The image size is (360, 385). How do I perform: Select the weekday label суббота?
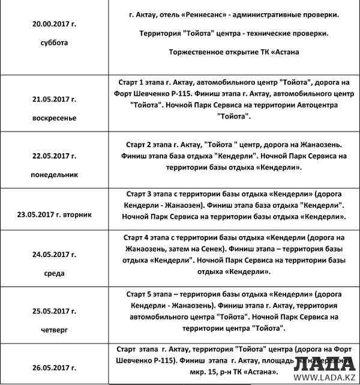pos(55,43)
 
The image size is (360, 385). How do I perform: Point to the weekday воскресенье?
pos(55,118)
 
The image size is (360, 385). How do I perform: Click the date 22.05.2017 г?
pos(55,156)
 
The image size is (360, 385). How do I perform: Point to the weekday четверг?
pos(55,329)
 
